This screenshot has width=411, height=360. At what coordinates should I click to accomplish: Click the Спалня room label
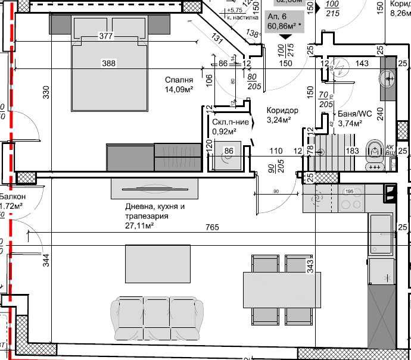click(179, 79)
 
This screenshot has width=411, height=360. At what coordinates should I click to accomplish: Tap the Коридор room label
click(282, 111)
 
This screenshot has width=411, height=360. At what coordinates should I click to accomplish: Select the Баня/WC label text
click(354, 114)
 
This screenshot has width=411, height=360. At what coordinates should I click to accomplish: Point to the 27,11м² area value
click(139, 226)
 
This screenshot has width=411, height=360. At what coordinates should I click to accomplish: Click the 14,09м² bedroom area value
click(179, 90)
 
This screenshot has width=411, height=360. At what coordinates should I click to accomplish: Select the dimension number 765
click(213, 227)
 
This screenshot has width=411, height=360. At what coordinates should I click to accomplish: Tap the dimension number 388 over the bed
click(108, 62)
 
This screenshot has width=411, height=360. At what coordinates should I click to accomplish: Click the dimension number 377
click(105, 36)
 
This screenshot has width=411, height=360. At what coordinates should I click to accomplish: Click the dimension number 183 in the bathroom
click(353, 151)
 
